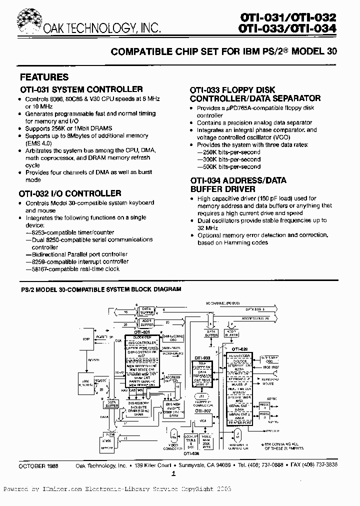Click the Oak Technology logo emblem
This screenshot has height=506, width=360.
click(27, 20)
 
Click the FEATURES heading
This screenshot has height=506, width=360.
click(44, 77)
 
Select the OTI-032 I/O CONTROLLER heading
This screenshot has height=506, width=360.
click(70, 193)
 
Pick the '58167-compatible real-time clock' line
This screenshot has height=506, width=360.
click(76, 268)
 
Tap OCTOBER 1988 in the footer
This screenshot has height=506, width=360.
click(38, 464)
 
